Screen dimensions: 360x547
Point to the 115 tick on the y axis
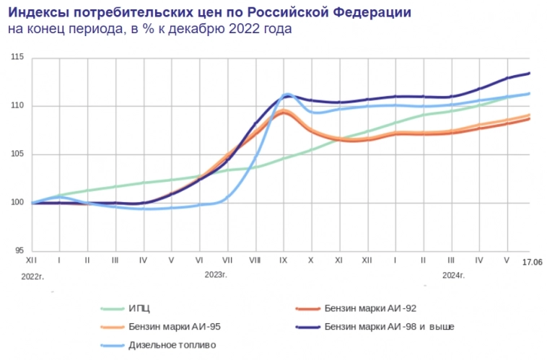pyautogui.click(x=17, y=58)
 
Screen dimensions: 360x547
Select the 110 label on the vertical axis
pyautogui.click(x=17, y=106)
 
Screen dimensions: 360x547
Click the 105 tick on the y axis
pyautogui.click(x=17, y=154)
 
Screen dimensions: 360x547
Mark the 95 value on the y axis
pyautogui.click(x=19, y=251)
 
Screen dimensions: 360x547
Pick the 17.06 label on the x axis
pyautogui.click(x=532, y=262)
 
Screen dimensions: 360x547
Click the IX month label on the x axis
pyautogui.click(x=283, y=259)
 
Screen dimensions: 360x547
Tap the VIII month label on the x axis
pyautogui.click(x=255, y=259)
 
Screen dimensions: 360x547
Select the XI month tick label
pyautogui.click(x=339, y=259)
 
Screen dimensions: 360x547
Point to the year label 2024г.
pyautogui.click(x=453, y=275)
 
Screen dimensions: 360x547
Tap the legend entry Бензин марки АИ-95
pyautogui.click(x=173, y=327)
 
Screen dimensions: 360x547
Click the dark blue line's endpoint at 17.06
pyautogui.click(x=530, y=73)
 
